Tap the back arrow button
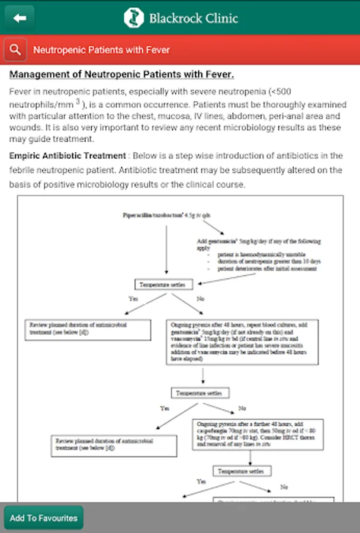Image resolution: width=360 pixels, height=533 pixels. pyautogui.click(x=20, y=18)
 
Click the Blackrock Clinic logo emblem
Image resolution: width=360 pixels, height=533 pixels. pyautogui.click(x=134, y=18)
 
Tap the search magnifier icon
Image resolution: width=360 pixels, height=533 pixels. pyautogui.click(x=15, y=50)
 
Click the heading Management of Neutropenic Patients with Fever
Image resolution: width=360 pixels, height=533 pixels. pyautogui.click(x=122, y=75)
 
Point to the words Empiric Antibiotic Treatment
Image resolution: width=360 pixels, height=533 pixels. pyautogui.click(x=67, y=156)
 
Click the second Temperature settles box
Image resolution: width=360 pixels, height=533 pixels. pyautogui.click(x=200, y=393)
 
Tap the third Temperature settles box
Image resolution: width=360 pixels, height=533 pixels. pyautogui.click(x=244, y=471)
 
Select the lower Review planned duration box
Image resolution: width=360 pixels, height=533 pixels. pyautogui.click(x=113, y=444)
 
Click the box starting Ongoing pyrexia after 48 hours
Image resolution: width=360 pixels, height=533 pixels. pyautogui.click(x=242, y=342)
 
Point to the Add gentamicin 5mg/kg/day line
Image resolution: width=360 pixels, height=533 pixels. pyautogui.click(x=258, y=241)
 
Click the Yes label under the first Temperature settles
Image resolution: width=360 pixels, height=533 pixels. pyautogui.click(x=133, y=298)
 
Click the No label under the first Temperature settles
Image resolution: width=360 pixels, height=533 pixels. pyautogui.click(x=200, y=298)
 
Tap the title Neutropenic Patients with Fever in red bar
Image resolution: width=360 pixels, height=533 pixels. pyautogui.click(x=101, y=50)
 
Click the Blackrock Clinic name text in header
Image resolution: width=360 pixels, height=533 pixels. pyautogui.click(x=193, y=18)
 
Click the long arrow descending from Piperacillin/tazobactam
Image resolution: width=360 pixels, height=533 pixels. pyautogui.click(x=166, y=249)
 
